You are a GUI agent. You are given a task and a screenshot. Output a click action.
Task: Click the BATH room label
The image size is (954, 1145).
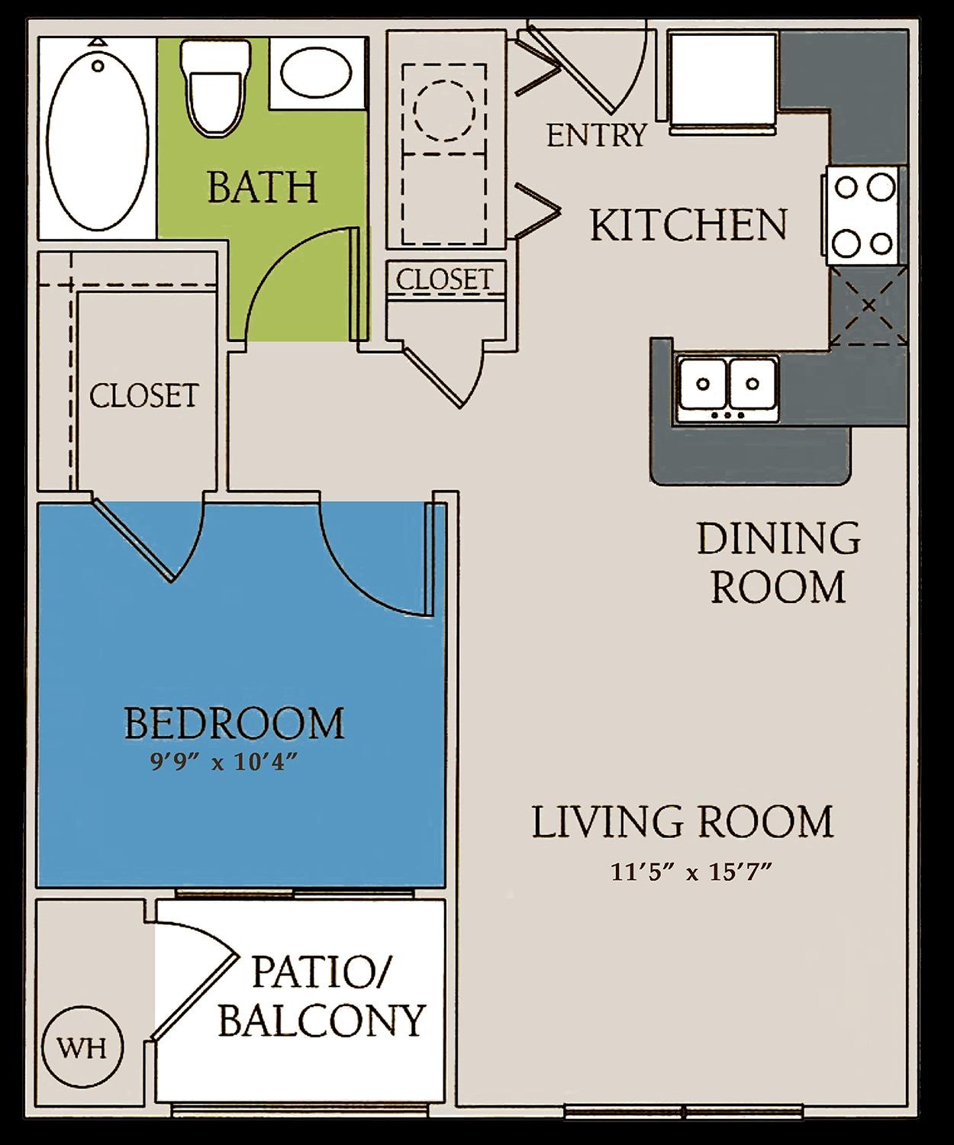pos(263,187)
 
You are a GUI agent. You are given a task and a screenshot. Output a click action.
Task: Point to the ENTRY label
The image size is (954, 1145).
pos(596,136)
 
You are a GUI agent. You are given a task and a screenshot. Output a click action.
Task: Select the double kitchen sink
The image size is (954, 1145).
pos(727,388)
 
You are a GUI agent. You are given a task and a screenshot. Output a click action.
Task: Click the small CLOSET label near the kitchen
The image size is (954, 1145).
pos(444,279)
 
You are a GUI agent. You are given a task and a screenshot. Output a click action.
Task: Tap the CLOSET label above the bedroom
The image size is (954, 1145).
pos(143,395)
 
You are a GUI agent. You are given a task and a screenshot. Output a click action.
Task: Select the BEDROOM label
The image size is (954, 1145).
pos(234,724)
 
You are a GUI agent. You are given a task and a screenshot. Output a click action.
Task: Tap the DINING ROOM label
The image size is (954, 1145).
pos(778,563)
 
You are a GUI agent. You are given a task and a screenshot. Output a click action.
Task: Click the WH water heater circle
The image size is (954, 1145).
pos(82,1047)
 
